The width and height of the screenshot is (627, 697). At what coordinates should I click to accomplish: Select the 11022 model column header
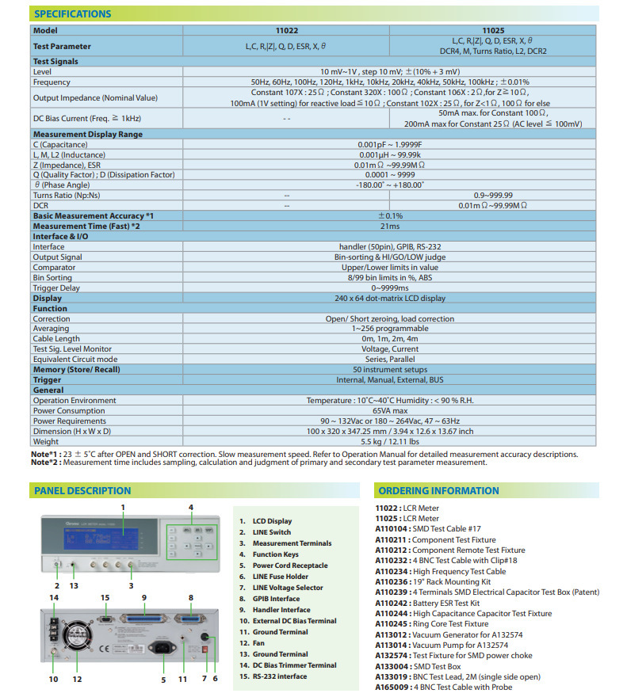click(x=286, y=30)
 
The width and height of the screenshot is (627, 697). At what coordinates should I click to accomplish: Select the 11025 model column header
click(x=492, y=30)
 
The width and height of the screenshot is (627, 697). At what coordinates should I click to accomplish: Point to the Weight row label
click(x=46, y=441)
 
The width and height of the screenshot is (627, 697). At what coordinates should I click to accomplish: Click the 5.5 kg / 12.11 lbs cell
click(x=389, y=441)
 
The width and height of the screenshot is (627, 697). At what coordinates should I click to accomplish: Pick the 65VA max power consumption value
click(x=389, y=410)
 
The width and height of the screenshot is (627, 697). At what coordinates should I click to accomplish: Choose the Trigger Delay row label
click(x=57, y=288)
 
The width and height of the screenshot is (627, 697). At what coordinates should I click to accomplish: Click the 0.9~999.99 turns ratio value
click(x=492, y=195)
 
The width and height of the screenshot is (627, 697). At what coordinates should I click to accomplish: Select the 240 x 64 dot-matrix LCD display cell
click(x=389, y=298)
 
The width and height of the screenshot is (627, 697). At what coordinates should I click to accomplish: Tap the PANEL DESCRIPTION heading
click(x=82, y=490)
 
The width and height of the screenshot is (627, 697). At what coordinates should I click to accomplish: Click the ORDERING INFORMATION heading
click(x=438, y=490)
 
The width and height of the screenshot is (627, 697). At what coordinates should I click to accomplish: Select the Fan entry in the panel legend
click(x=258, y=643)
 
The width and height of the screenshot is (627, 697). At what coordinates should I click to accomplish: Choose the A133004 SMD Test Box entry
click(x=415, y=666)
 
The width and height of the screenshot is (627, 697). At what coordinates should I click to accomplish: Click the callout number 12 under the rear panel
click(x=77, y=679)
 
